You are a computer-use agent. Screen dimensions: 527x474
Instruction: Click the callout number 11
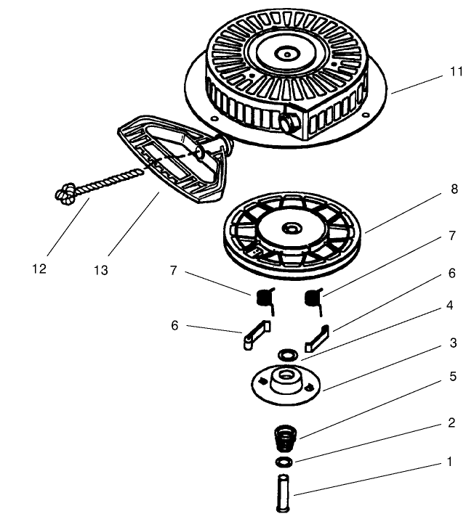pyautogui.click(x=456, y=73)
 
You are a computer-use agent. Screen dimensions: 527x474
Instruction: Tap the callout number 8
pyautogui.click(x=454, y=189)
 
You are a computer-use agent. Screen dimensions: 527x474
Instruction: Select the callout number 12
pyautogui.click(x=39, y=269)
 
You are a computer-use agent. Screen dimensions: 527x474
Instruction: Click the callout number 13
pyautogui.click(x=100, y=270)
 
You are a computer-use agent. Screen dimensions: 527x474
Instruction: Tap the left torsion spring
pyautogui.click(x=266, y=298)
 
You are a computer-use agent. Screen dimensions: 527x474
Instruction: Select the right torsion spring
pyautogui.click(x=314, y=298)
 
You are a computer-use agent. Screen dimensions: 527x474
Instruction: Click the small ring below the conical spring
pyautogui.click(x=284, y=462)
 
